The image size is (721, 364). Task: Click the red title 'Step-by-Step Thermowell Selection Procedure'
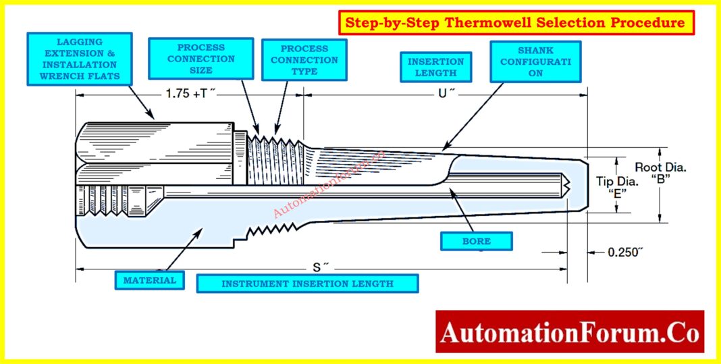[516, 23]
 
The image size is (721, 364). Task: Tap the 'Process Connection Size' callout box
[201, 59]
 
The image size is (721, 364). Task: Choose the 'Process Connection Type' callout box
[304, 60]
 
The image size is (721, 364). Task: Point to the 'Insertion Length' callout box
[435, 67]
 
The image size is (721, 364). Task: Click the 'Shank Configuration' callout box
[535, 61]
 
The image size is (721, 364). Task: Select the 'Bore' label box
[476, 240]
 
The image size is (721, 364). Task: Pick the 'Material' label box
[149, 280]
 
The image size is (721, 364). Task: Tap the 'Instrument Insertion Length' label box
[307, 284]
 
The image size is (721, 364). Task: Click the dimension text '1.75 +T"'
[190, 95]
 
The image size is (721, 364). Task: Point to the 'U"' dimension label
[443, 95]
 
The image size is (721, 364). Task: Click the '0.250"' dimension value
[625, 252]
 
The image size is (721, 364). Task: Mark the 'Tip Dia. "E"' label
[616, 186]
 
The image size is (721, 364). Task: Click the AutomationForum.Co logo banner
[570, 332]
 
